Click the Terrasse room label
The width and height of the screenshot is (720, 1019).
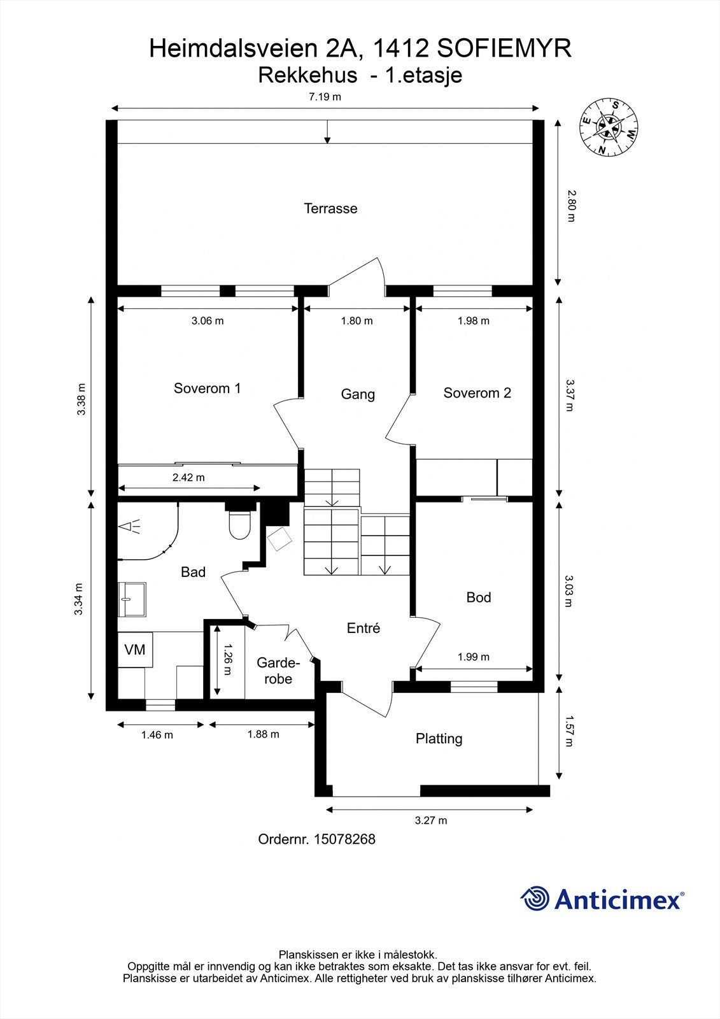[330, 208]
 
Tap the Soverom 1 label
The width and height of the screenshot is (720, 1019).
[207, 388]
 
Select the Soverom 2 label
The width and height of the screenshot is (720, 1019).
[477, 393]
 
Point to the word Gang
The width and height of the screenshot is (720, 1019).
[358, 394]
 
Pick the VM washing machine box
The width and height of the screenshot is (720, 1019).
[135, 650]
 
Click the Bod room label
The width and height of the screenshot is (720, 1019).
[479, 597]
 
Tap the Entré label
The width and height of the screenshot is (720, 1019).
[364, 629]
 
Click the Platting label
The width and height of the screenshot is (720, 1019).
[439, 739]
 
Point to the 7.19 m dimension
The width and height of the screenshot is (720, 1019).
[325, 97]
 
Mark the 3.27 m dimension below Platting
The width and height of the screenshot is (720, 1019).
[431, 820]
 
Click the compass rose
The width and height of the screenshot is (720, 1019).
[609, 128]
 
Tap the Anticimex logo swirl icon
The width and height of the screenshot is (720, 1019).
[535, 899]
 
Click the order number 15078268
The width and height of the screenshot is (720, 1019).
[344, 839]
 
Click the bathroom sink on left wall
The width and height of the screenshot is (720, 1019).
[132, 599]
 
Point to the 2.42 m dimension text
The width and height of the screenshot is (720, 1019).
[188, 478]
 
